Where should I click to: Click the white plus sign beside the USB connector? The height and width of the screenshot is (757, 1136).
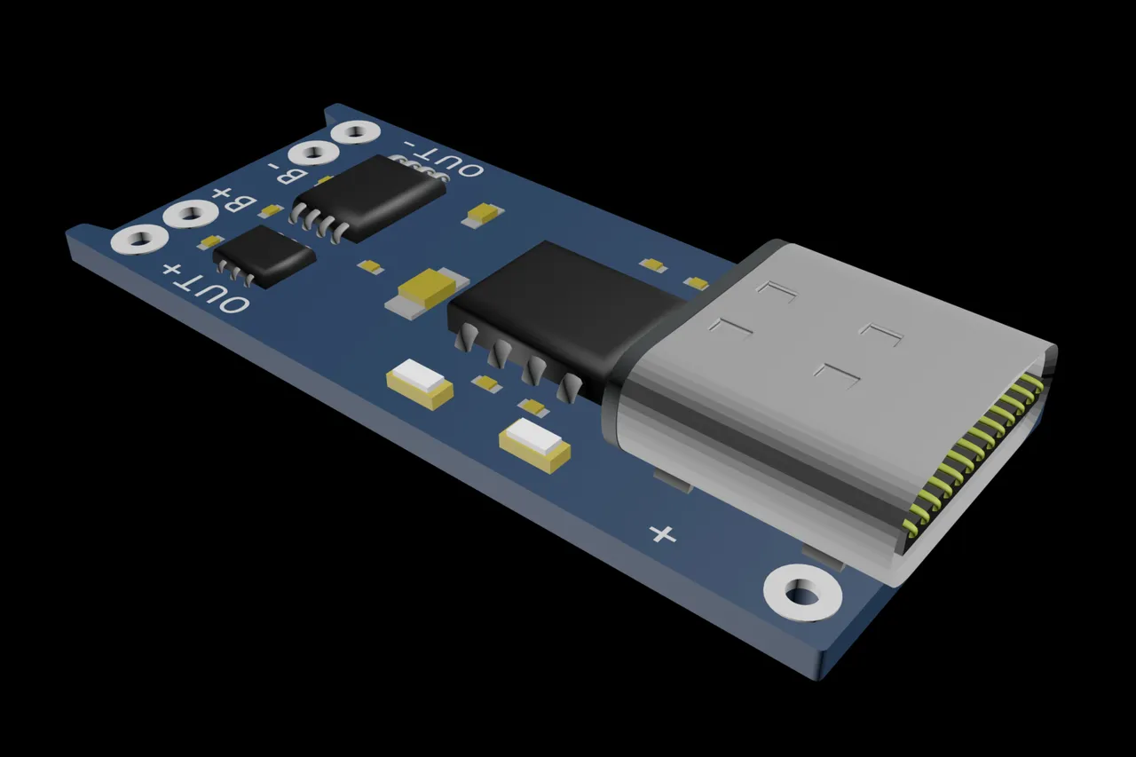[663, 533]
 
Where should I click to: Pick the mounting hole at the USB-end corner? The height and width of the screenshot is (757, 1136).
[802, 593]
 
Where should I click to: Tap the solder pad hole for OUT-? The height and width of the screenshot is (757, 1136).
[356, 132]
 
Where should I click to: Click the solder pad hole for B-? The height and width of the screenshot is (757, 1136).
[313, 153]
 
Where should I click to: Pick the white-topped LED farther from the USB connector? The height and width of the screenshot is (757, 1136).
[420, 382]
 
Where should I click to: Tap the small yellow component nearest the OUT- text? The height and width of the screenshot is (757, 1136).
[485, 213]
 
